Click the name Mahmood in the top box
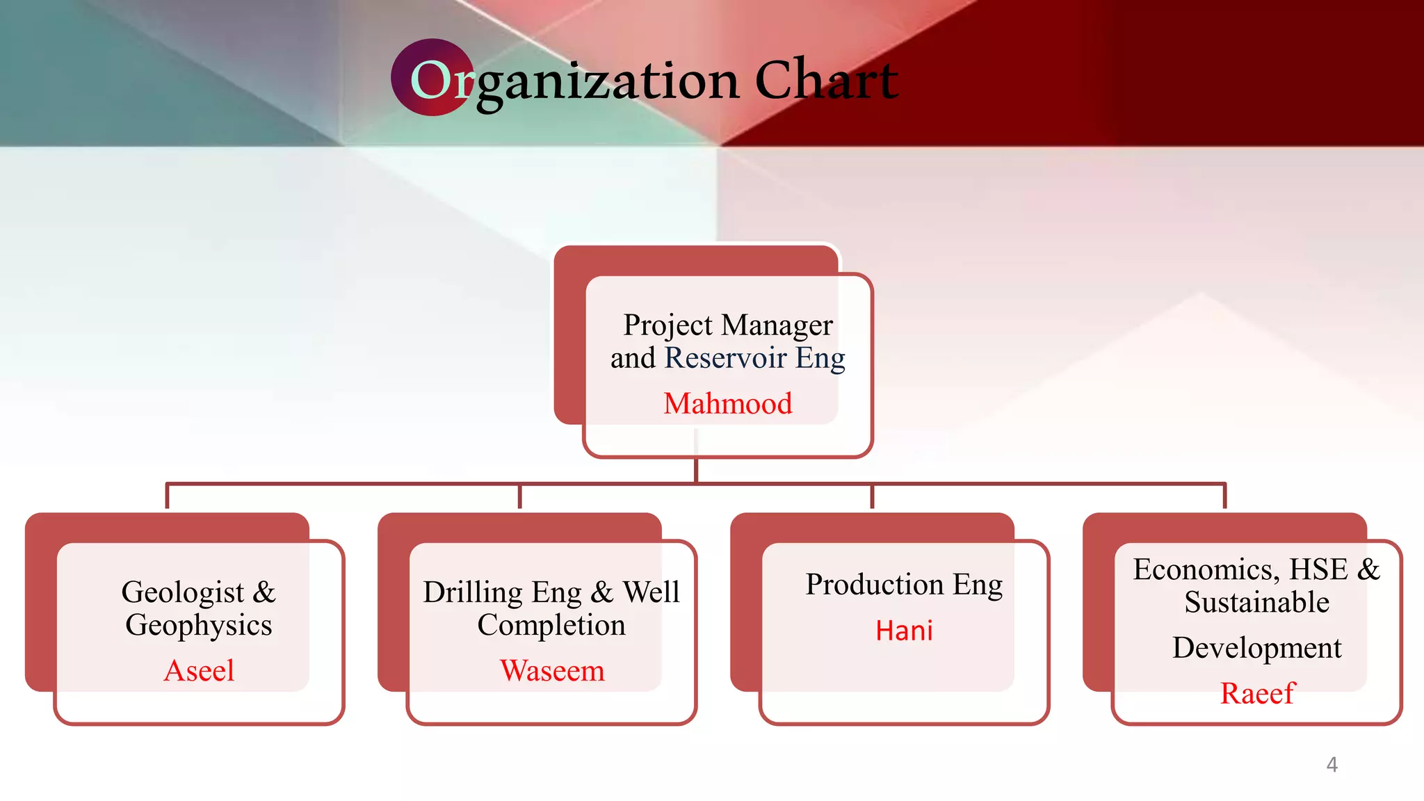point(727,404)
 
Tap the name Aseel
point(199,671)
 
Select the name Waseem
point(552,671)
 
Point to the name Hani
point(904,631)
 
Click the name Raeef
point(1258,693)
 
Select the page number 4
point(1332,765)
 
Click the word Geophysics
point(199,625)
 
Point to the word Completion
point(551,625)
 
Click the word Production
point(874,585)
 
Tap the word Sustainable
point(1257,602)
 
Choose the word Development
point(1257,648)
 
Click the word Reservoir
point(725,358)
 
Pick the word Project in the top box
point(667,325)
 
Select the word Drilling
point(472,592)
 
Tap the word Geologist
point(182,592)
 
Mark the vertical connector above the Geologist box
point(167,496)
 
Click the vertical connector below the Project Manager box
point(695,469)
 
